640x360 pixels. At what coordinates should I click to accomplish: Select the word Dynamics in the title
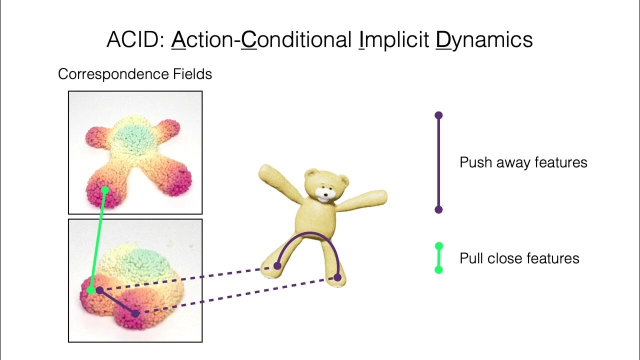pos(484,39)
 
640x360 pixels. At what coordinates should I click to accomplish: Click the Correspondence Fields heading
pos(135,74)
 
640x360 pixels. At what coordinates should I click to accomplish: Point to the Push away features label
pos(523,162)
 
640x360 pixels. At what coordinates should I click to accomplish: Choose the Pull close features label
pos(519,258)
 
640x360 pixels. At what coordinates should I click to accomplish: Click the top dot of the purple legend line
pos(438,115)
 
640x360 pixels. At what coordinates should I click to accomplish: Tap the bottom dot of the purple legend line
pos(438,209)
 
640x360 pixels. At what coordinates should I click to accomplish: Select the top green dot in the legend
pos(438,246)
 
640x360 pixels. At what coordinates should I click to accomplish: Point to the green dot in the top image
pos(105,190)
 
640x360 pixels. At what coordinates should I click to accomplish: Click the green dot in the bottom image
pos(90,290)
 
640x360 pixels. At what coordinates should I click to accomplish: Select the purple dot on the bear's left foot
pos(277,266)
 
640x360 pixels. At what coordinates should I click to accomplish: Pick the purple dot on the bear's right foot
pos(337,277)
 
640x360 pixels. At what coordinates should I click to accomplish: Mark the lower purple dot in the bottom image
pos(135,313)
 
